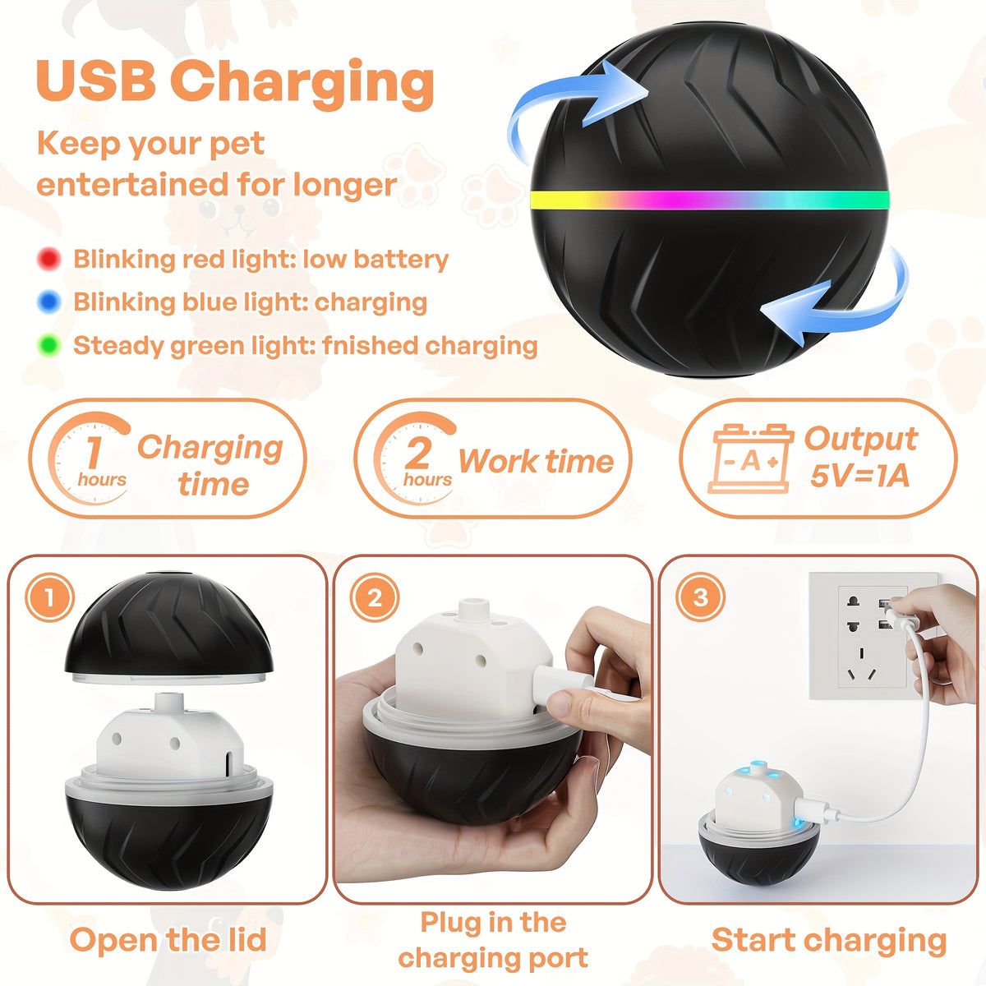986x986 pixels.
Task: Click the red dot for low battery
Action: click(49, 259)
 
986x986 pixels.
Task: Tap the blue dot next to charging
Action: click(49, 302)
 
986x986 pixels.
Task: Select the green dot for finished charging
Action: click(49, 345)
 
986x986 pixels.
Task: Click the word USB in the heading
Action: click(95, 82)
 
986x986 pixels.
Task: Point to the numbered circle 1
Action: click(49, 597)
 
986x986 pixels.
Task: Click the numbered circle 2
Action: click(375, 597)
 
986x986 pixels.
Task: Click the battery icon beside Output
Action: click(750, 458)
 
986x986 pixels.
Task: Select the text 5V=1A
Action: click(860, 476)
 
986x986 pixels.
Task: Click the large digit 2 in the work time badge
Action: click(418, 453)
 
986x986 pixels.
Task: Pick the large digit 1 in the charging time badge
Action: click(94, 452)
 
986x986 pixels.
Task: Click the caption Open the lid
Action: click(168, 939)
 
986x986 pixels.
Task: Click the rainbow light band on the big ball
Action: click(710, 200)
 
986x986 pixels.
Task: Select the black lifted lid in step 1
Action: click(169, 628)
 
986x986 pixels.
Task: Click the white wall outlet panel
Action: click(873, 635)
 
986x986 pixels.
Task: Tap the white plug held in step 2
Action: click(562, 681)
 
